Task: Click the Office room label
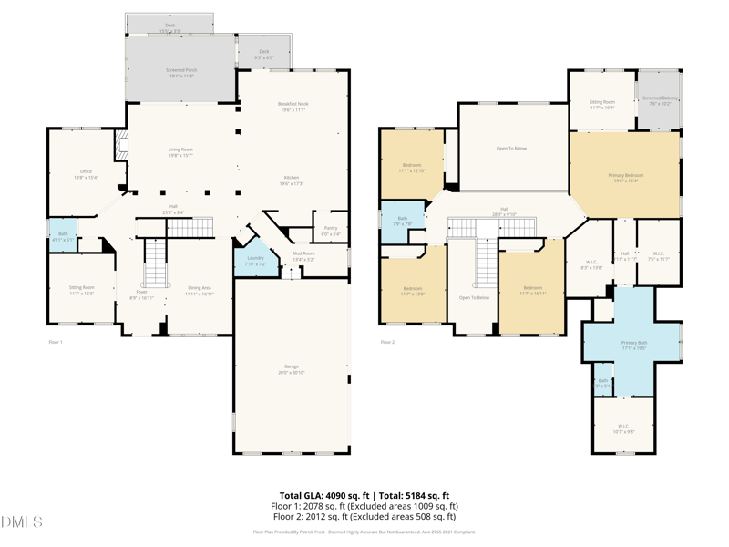[86, 171]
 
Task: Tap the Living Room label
[180, 150]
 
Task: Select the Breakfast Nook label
[293, 105]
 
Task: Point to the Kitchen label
[291, 178]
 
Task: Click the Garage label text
[292, 367]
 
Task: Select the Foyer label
[141, 292]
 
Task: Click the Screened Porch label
[180, 70]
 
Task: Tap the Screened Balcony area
[660, 98]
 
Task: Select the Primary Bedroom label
[626, 175]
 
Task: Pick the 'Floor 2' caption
[387, 342]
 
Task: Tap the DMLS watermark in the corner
[22, 522]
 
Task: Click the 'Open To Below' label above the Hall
[511, 148]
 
